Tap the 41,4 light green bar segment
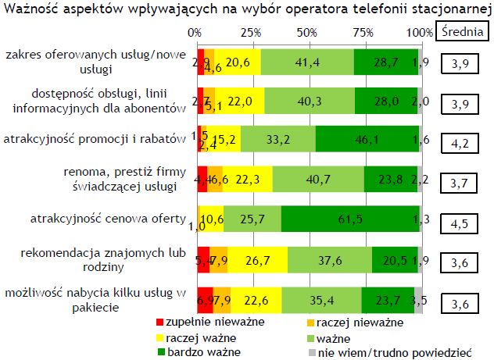tap(306, 62)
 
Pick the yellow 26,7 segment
tap(257, 259)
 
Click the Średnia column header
tap(460, 32)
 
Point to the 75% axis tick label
tap(363, 33)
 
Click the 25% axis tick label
tap(250, 33)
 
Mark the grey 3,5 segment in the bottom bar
tap(418, 300)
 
